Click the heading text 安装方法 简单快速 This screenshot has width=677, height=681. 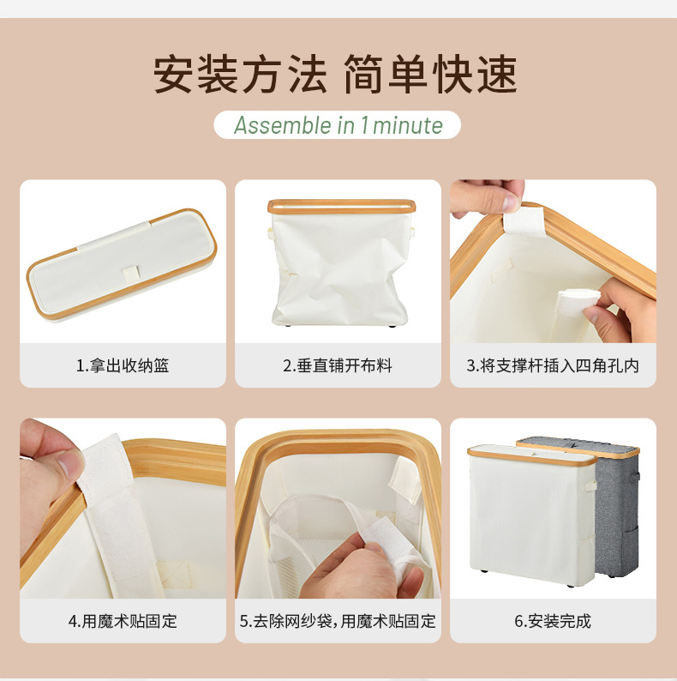pos(336,75)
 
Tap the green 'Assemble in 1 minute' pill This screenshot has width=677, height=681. pos(338,125)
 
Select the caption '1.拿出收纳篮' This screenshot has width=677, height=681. pos(123,365)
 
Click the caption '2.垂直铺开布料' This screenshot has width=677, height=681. pos(338,365)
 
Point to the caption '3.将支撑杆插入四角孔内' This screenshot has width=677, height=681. pos(553,365)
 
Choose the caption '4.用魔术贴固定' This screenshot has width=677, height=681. pos(123,620)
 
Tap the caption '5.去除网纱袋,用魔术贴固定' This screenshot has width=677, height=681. pos(338,620)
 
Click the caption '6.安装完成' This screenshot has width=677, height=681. pos(553,620)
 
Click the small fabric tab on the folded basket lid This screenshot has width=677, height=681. pos(129,273)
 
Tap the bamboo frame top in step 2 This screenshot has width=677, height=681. pos(341,207)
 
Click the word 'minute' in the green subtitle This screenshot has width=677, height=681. pos(408,125)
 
